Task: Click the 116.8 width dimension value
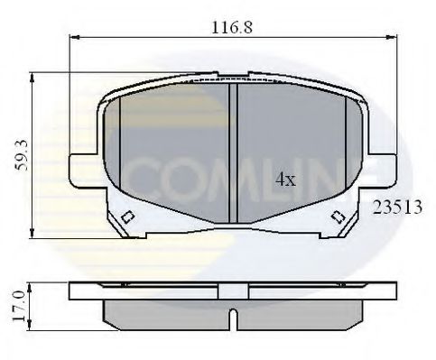231,27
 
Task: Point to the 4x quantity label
284,180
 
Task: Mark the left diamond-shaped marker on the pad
127,217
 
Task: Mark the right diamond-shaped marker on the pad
338,217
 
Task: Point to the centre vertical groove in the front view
232,153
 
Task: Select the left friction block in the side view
167,312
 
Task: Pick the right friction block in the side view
298,312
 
